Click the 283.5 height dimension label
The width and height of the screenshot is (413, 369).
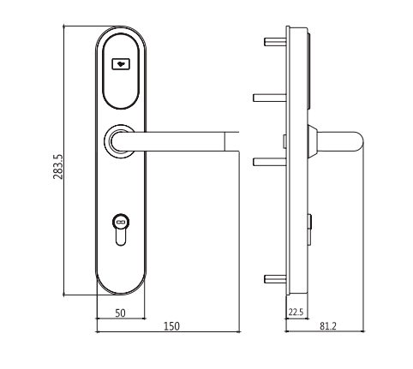pyautogui.click(x=58, y=167)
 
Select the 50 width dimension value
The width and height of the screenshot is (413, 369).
pyautogui.click(x=120, y=313)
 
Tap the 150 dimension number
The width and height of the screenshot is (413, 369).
pyautogui.click(x=171, y=326)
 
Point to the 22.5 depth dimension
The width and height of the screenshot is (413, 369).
pyautogui.click(x=296, y=312)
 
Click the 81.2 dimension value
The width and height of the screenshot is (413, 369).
pyautogui.click(x=328, y=326)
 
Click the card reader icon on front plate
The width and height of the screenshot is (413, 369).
pyautogui.click(x=121, y=64)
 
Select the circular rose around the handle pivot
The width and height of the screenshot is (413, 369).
pyautogui.click(x=119, y=141)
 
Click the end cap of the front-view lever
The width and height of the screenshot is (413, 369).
pyautogui.click(x=231, y=141)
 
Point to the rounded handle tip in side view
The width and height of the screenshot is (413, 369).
pyautogui.click(x=357, y=141)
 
